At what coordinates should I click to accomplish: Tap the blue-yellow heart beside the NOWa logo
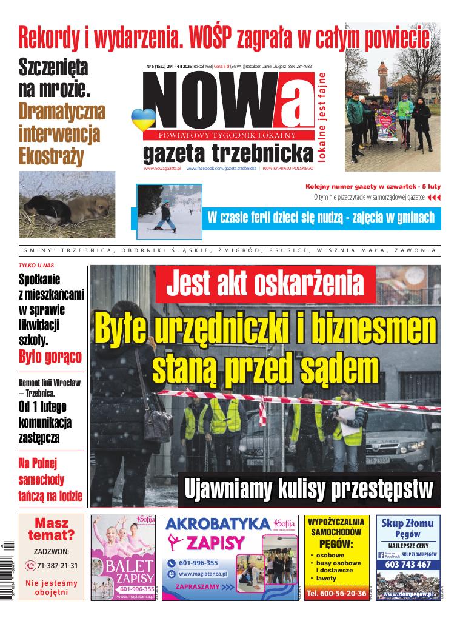click(x=141, y=119)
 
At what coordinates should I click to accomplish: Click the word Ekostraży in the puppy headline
click(x=52, y=155)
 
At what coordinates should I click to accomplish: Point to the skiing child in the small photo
click(x=165, y=215)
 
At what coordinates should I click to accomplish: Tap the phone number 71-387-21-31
click(x=56, y=565)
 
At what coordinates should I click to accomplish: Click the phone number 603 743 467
click(x=408, y=565)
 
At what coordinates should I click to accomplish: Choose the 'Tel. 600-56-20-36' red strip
click(x=336, y=593)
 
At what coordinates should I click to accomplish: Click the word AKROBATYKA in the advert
click(x=218, y=524)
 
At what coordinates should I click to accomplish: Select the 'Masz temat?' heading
click(x=52, y=529)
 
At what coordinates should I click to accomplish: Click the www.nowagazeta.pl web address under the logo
click(x=162, y=168)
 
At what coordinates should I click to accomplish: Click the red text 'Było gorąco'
click(x=50, y=356)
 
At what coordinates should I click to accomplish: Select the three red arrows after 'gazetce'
click(x=434, y=198)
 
